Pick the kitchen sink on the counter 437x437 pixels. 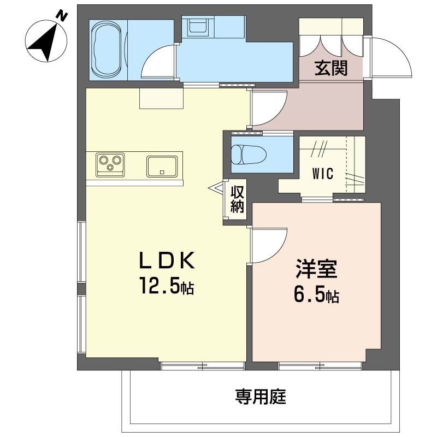162,166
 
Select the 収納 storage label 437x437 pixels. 237,199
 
